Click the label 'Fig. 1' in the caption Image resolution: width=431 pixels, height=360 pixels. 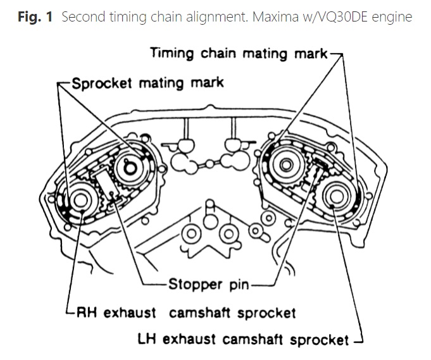coord(35,16)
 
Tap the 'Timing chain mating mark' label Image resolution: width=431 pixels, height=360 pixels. coord(239,53)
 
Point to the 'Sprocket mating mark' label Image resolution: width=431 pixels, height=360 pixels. coord(148,84)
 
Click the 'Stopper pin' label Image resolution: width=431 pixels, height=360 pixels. coord(209,285)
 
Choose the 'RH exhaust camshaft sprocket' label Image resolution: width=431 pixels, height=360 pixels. coord(186,313)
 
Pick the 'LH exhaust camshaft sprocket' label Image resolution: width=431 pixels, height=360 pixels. coord(243,339)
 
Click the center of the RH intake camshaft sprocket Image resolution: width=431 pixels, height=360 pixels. coord(130,168)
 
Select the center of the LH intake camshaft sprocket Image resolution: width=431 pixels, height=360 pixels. coord(286,165)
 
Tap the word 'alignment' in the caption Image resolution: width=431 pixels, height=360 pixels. coord(217,17)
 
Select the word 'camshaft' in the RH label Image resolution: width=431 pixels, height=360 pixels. coord(199,313)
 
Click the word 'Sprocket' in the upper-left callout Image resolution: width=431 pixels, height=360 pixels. coord(102,84)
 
